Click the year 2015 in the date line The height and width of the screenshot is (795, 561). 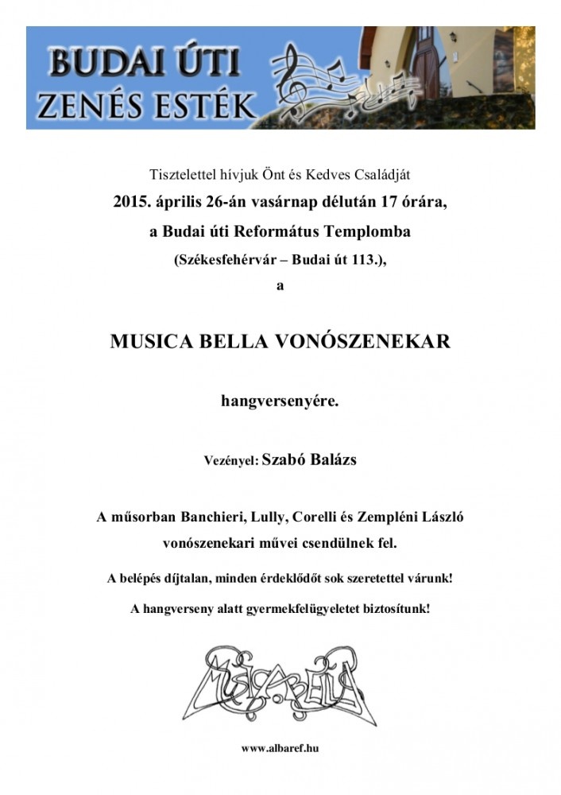click(x=131, y=202)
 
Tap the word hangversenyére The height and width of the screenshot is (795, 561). click(x=280, y=402)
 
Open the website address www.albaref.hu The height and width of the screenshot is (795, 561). click(x=280, y=748)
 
